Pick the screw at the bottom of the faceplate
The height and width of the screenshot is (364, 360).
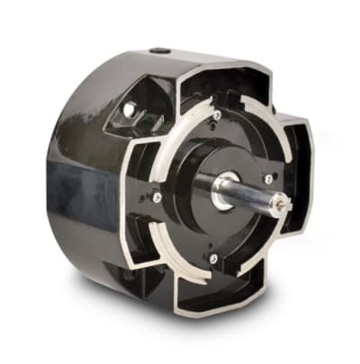tap(213, 259)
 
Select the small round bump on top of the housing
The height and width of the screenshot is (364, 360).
tap(159, 52)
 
